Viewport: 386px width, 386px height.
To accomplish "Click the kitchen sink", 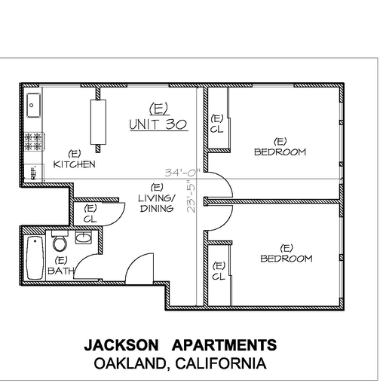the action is point(33,105).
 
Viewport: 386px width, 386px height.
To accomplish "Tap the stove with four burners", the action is point(34,142).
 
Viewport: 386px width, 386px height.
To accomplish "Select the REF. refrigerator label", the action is point(34,172).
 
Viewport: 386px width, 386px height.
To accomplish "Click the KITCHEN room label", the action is point(75,164).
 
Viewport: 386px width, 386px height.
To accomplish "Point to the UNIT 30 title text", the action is point(158,124).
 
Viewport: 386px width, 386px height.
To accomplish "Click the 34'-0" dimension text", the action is point(182,173).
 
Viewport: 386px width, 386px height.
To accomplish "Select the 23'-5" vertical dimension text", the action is point(191,199).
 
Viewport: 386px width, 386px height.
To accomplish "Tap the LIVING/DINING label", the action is point(157,203).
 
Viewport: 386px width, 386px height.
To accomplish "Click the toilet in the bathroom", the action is point(60,241).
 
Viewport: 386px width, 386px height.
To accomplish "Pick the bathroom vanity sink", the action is point(84,237).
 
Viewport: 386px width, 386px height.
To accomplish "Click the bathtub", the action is point(35,258).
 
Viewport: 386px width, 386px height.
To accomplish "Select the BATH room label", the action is point(61,271).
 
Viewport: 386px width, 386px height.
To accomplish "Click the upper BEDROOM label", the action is point(280,152).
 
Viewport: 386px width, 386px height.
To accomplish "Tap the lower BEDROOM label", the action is point(286,259).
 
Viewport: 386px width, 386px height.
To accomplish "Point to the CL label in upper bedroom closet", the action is point(216,129).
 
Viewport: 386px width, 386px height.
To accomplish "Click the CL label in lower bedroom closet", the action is point(219,277).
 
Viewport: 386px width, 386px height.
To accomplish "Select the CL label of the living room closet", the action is point(90,219).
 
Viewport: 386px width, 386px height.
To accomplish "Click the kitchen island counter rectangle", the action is point(98,122).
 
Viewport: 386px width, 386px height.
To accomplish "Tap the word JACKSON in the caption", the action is point(121,345).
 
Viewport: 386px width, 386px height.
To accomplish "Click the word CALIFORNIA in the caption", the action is point(221,363).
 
